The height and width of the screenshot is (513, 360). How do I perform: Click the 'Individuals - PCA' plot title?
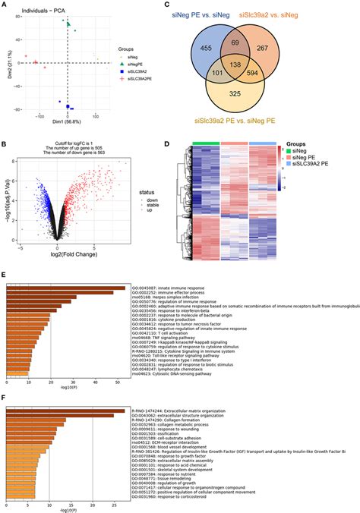(x=37, y=7)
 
